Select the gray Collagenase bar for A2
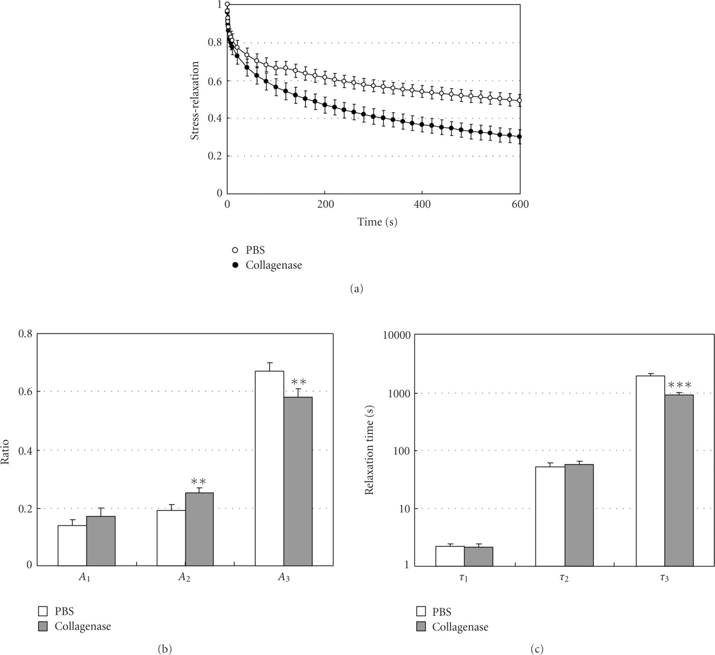[x=199, y=528]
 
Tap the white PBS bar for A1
[x=72, y=545]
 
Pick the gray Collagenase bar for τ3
[x=679, y=480]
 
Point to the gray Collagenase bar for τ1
[x=478, y=556]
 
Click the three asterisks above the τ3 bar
[x=680, y=385]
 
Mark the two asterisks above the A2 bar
[x=199, y=481]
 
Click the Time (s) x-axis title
[x=378, y=222]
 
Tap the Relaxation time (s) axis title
[x=369, y=450]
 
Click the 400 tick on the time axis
[x=423, y=204]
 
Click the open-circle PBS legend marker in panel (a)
[x=235, y=251]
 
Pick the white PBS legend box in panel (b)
[x=43, y=611]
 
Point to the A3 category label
[x=284, y=578]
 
